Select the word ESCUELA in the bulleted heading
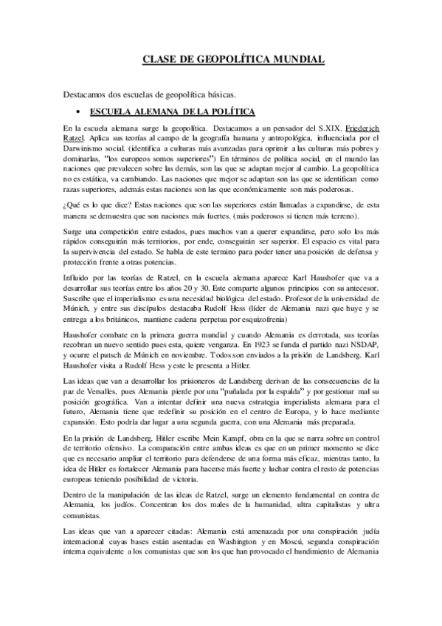click(111, 111)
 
